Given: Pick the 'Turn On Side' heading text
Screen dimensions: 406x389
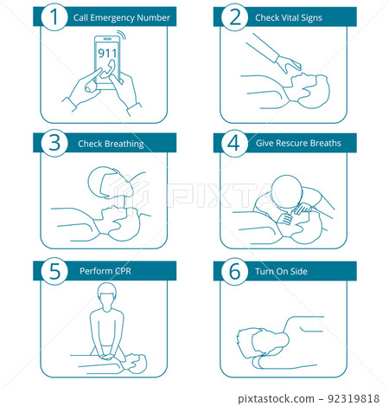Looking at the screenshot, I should click(281, 270).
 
